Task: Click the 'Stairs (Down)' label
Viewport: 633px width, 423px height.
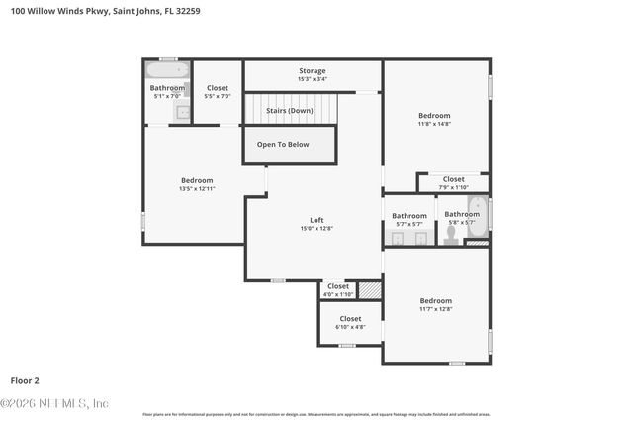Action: tap(290, 110)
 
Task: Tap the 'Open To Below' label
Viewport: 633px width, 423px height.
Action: tap(283, 144)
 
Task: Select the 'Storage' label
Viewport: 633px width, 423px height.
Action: tap(313, 71)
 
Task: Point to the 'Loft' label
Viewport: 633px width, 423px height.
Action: tap(316, 220)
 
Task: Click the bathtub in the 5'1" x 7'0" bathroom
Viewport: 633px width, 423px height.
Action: tap(167, 71)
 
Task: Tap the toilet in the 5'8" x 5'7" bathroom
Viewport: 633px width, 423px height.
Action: tap(450, 236)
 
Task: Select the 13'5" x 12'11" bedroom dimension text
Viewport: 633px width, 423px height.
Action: tap(196, 188)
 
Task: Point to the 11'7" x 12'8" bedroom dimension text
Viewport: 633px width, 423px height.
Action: tap(435, 309)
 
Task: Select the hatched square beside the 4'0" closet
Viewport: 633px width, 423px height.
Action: tap(369, 290)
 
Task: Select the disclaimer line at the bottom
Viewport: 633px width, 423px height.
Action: tap(316, 414)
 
